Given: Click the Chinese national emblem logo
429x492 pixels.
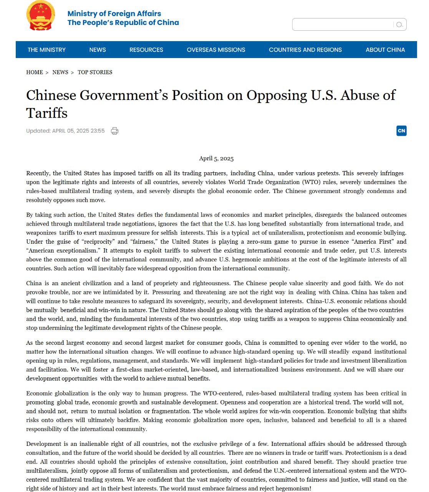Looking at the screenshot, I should click(40, 16).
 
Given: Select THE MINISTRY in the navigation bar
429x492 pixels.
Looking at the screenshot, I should click(46, 50).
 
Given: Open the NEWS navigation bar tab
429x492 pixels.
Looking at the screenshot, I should click(98, 50).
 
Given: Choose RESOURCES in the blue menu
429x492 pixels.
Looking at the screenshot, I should click(146, 50).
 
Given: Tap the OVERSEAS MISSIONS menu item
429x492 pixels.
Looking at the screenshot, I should click(216, 50).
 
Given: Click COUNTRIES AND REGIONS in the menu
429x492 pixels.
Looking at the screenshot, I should click(305, 50).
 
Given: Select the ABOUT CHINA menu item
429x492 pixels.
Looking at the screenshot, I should click(385, 50).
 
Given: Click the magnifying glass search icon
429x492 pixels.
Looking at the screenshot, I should click(399, 25).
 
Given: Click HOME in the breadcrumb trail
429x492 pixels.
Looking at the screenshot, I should click(35, 72).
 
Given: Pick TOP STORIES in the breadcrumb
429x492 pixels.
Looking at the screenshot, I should click(95, 72).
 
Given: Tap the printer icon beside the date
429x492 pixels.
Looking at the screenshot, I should click(114, 131).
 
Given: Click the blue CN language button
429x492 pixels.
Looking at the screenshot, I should click(401, 131).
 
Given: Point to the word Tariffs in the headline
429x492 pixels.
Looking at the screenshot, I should click(47, 113).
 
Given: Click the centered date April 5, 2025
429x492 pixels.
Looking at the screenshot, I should click(216, 158).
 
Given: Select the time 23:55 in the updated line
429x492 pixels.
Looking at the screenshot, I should click(98, 131).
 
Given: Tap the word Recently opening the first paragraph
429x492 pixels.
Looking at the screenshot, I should click(38, 173).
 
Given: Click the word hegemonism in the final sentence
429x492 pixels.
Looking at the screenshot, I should click(292, 489).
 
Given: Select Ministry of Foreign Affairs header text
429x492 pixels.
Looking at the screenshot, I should click(114, 13).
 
